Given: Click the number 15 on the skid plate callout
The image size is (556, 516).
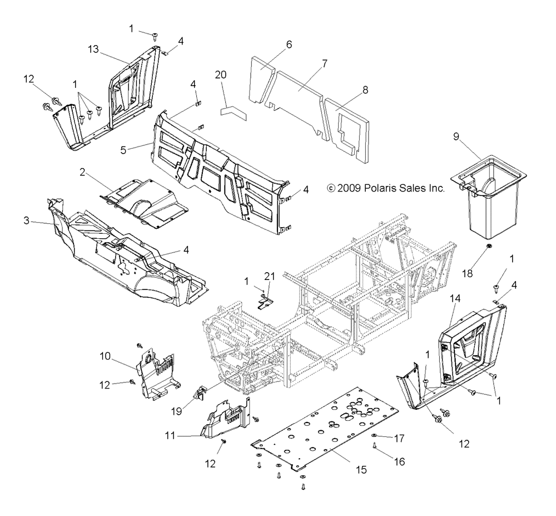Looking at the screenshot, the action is tap(361, 470).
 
